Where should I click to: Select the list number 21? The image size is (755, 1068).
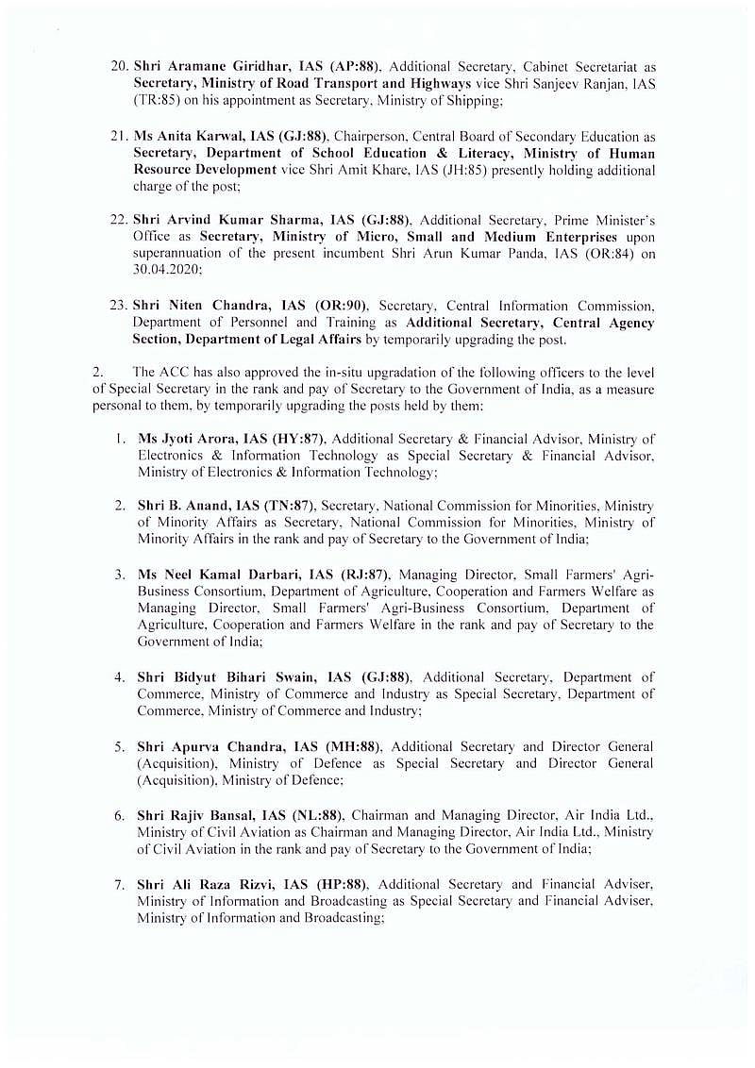[x=118, y=136]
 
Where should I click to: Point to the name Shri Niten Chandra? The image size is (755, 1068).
[x=187, y=306]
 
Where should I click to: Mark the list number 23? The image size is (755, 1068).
[x=118, y=306]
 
